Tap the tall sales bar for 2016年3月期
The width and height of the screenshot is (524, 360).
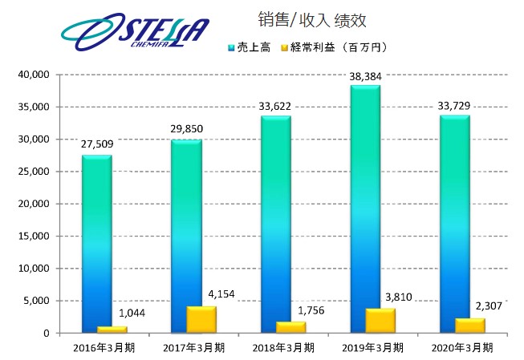(x=97, y=241)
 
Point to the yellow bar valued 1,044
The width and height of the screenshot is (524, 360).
(x=113, y=329)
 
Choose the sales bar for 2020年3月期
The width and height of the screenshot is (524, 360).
(x=454, y=224)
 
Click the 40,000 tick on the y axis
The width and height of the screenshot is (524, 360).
(x=35, y=75)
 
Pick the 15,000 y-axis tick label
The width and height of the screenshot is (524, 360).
(x=35, y=237)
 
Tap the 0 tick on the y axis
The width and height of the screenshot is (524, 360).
(x=47, y=334)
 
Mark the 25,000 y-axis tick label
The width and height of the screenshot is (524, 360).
(x=35, y=172)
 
